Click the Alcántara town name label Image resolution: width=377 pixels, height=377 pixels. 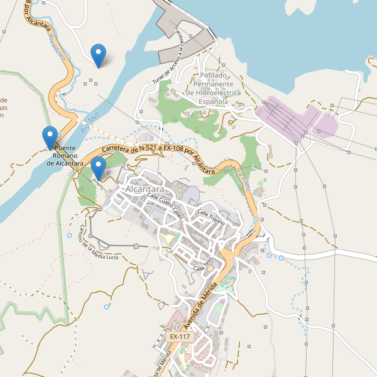[x=145, y=189]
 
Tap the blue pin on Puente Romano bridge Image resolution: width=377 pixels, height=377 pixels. [x=50, y=137]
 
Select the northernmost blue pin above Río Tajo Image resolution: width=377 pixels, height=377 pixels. [x=98, y=55]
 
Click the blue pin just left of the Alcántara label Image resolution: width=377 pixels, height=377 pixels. [x=98, y=168]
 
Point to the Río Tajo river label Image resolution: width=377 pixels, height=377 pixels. [x=90, y=121]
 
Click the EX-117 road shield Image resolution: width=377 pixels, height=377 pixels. [x=180, y=337]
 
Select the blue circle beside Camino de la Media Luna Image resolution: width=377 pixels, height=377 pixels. [x=69, y=235]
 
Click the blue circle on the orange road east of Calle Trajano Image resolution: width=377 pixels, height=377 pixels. [x=256, y=219]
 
